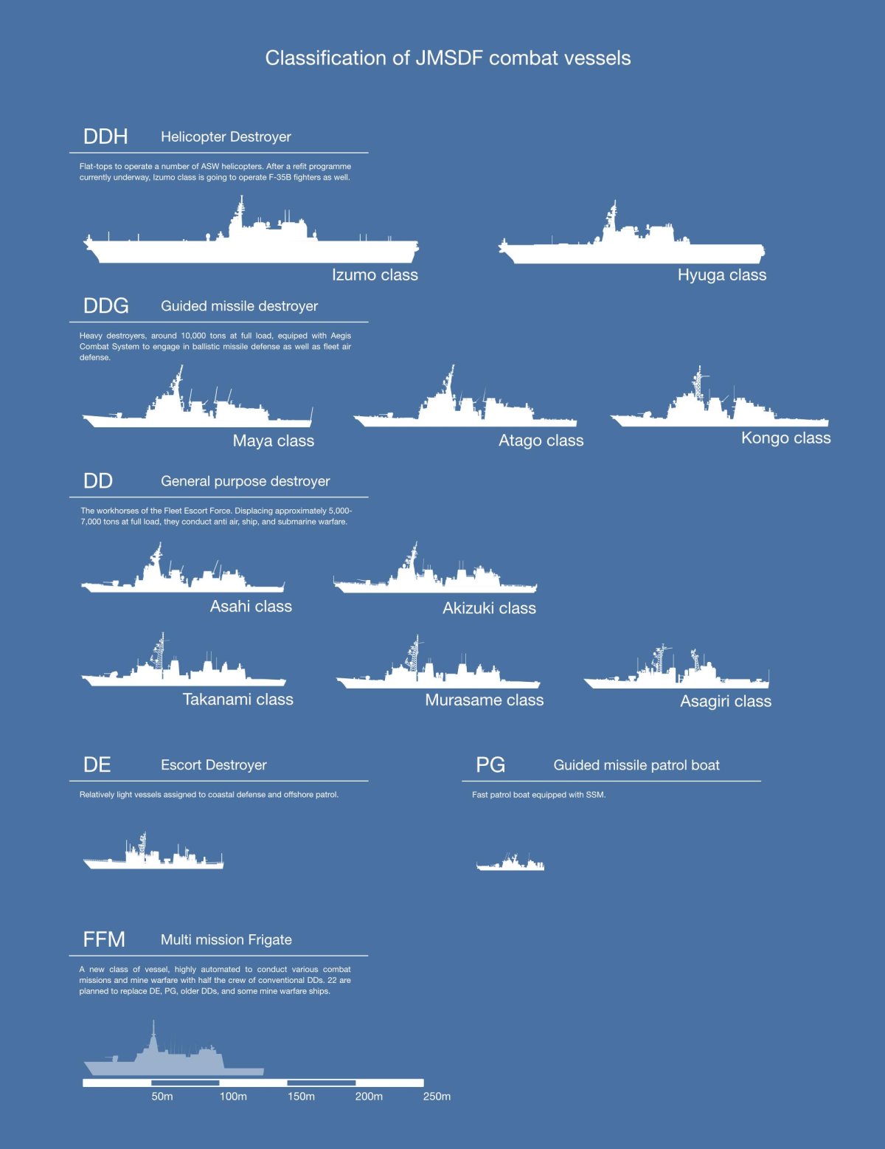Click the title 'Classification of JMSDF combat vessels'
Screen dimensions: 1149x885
coord(448,58)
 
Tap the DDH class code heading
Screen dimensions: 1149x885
coord(105,137)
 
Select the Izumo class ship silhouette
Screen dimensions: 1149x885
coord(251,247)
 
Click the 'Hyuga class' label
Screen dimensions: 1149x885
coord(721,275)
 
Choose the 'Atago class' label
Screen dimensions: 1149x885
coord(541,441)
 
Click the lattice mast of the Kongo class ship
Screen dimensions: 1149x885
coord(697,384)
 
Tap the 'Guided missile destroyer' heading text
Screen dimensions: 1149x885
coord(239,306)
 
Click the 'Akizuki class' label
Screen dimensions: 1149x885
coord(489,608)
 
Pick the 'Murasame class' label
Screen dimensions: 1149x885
coord(484,700)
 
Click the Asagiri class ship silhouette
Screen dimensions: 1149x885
coord(676,675)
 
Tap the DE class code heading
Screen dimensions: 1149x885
coord(97,765)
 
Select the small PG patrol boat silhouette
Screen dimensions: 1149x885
coord(510,864)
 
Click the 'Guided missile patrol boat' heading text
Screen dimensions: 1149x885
coord(636,765)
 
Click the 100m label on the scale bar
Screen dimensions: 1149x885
coord(233,1097)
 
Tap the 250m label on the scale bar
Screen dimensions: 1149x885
coord(437,1097)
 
